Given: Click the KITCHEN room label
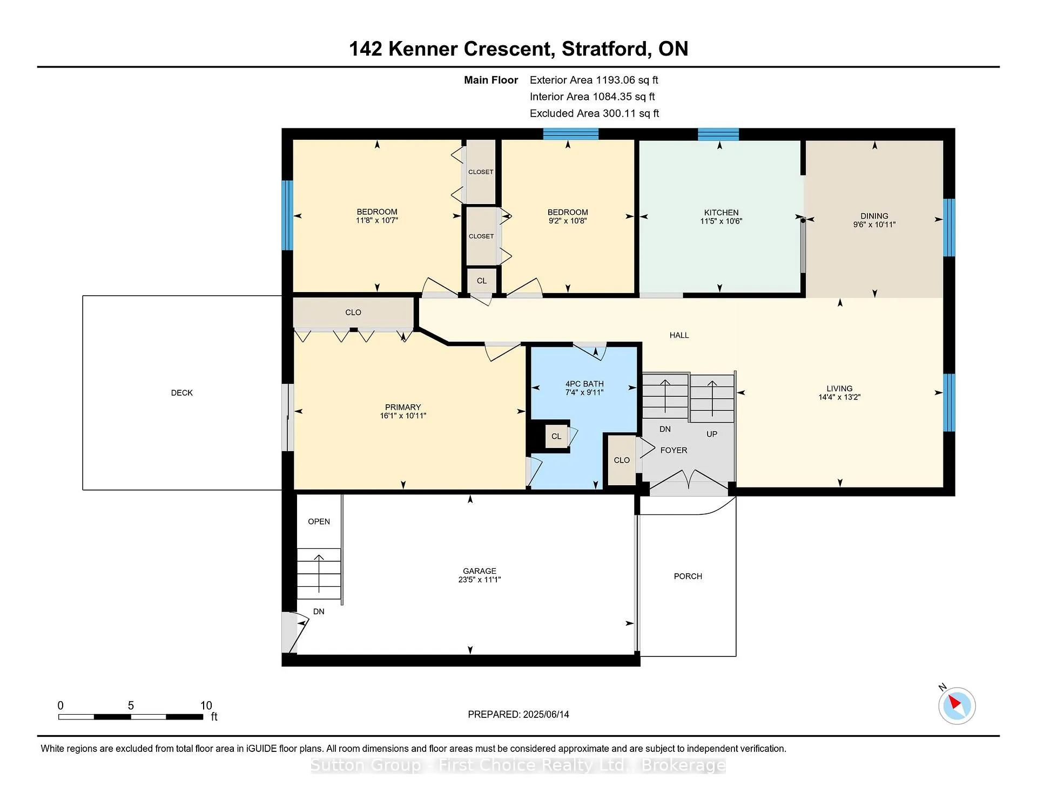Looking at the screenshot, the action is click(x=721, y=213).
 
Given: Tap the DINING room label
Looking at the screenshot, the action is click(x=874, y=216).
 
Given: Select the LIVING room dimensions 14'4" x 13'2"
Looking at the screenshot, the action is click(x=839, y=397).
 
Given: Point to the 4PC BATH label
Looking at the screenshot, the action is click(x=584, y=384).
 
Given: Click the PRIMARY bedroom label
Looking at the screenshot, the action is click(x=403, y=407).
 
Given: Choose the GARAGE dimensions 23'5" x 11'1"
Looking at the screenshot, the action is click(x=480, y=580).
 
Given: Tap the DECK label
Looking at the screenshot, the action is click(x=182, y=393).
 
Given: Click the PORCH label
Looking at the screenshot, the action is click(x=688, y=576).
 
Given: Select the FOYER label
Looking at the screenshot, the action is click(x=674, y=450).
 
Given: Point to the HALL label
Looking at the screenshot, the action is click(x=679, y=335).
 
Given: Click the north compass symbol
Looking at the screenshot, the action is click(x=957, y=705).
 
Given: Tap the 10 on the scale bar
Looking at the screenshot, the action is click(x=206, y=705).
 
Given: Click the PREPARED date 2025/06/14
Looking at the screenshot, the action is click(x=546, y=715).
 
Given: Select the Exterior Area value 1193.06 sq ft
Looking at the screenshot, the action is click(x=627, y=80).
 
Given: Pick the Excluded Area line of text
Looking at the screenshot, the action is click(x=595, y=113).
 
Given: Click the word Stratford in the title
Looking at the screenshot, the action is click(x=605, y=49).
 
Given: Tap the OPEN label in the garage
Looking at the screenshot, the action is click(x=319, y=521).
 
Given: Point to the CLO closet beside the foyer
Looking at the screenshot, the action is click(x=622, y=460).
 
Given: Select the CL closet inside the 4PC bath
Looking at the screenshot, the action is click(x=556, y=437).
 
